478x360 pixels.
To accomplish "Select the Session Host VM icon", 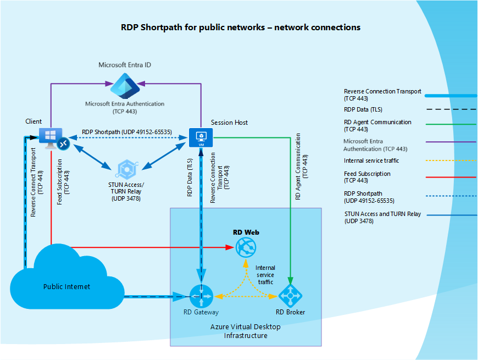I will (x=201, y=137).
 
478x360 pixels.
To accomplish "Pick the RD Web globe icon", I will (x=246, y=248).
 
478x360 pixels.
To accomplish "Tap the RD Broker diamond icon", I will (x=290, y=296).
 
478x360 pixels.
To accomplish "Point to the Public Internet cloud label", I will (x=66, y=286).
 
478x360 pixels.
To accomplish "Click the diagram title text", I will (x=240, y=27).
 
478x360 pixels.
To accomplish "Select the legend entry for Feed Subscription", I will (x=367, y=177).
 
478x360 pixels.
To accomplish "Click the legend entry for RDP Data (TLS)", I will (x=363, y=109).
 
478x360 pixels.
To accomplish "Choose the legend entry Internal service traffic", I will (x=371, y=160).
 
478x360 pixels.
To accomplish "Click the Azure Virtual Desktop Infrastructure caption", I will (x=245, y=331).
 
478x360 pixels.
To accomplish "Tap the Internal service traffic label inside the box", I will (x=265, y=274).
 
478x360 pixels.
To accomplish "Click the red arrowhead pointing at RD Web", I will (x=231, y=248).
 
